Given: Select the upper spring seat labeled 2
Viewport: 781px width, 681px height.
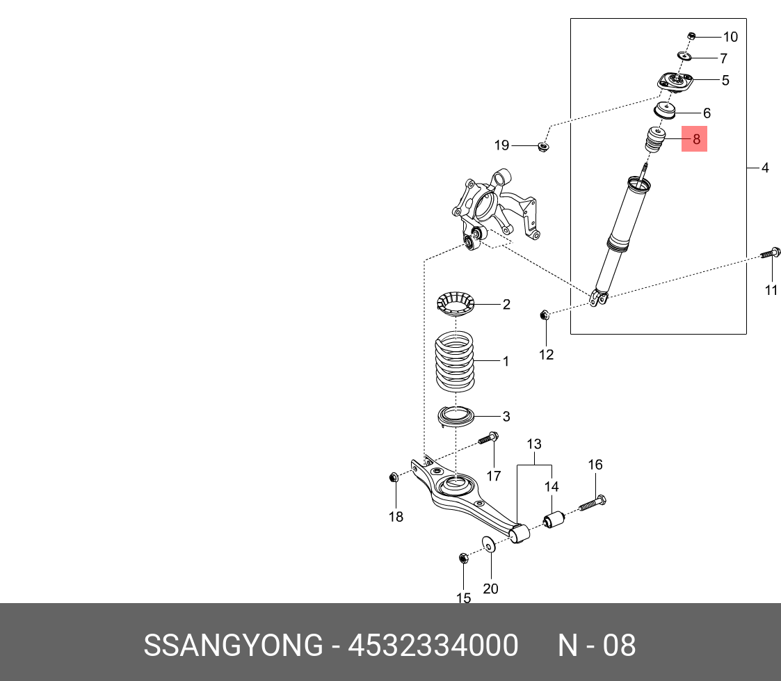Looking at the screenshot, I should point(454,304).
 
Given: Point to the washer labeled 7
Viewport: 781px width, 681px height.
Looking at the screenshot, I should point(684,56).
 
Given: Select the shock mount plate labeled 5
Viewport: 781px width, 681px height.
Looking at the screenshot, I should point(675,82).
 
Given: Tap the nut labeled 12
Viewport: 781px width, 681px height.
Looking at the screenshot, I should point(545,316).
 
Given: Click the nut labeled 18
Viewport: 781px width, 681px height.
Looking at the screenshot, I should point(394,478).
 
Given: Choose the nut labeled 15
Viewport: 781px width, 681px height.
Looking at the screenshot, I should point(462,558).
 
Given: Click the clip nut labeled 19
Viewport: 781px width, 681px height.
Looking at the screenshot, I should point(544,146).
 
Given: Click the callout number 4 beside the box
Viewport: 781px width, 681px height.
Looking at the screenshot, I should point(765,168).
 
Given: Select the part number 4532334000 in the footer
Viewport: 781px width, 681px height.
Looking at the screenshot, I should point(433,646).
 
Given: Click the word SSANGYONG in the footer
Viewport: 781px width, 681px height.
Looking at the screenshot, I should point(233,646).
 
